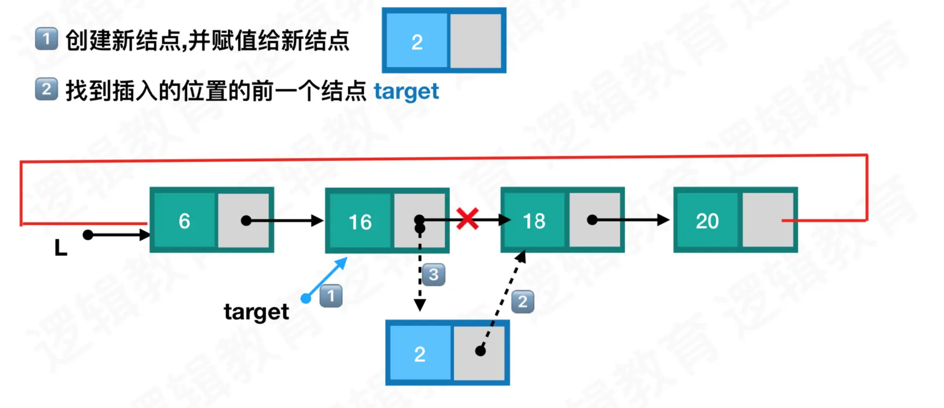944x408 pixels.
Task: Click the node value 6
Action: pos(184,221)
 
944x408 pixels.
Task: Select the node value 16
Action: pos(360,222)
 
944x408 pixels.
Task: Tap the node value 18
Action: pos(534,221)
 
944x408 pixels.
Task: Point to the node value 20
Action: pos(707,221)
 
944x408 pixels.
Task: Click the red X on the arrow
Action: pos(468,219)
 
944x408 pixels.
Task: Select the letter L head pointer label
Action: pos(61,248)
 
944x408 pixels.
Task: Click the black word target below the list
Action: pos(256,312)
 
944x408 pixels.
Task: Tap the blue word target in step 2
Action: pos(406,92)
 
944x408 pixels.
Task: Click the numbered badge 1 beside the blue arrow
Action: pos(331,296)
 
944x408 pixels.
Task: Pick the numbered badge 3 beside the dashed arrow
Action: pos(433,275)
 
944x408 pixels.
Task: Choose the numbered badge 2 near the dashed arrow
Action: pos(523,301)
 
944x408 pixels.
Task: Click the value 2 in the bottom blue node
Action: pos(420,354)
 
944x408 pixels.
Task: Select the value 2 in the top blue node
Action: pos(417,42)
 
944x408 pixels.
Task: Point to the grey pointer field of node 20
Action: pos(768,220)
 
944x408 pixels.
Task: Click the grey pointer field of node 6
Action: pos(244,220)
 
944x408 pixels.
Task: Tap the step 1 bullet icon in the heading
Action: pos(47,39)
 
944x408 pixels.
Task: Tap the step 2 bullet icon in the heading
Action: pos(47,89)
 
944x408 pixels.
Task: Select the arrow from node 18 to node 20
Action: pos(630,220)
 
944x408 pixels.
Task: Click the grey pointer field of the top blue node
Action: pos(476,41)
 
